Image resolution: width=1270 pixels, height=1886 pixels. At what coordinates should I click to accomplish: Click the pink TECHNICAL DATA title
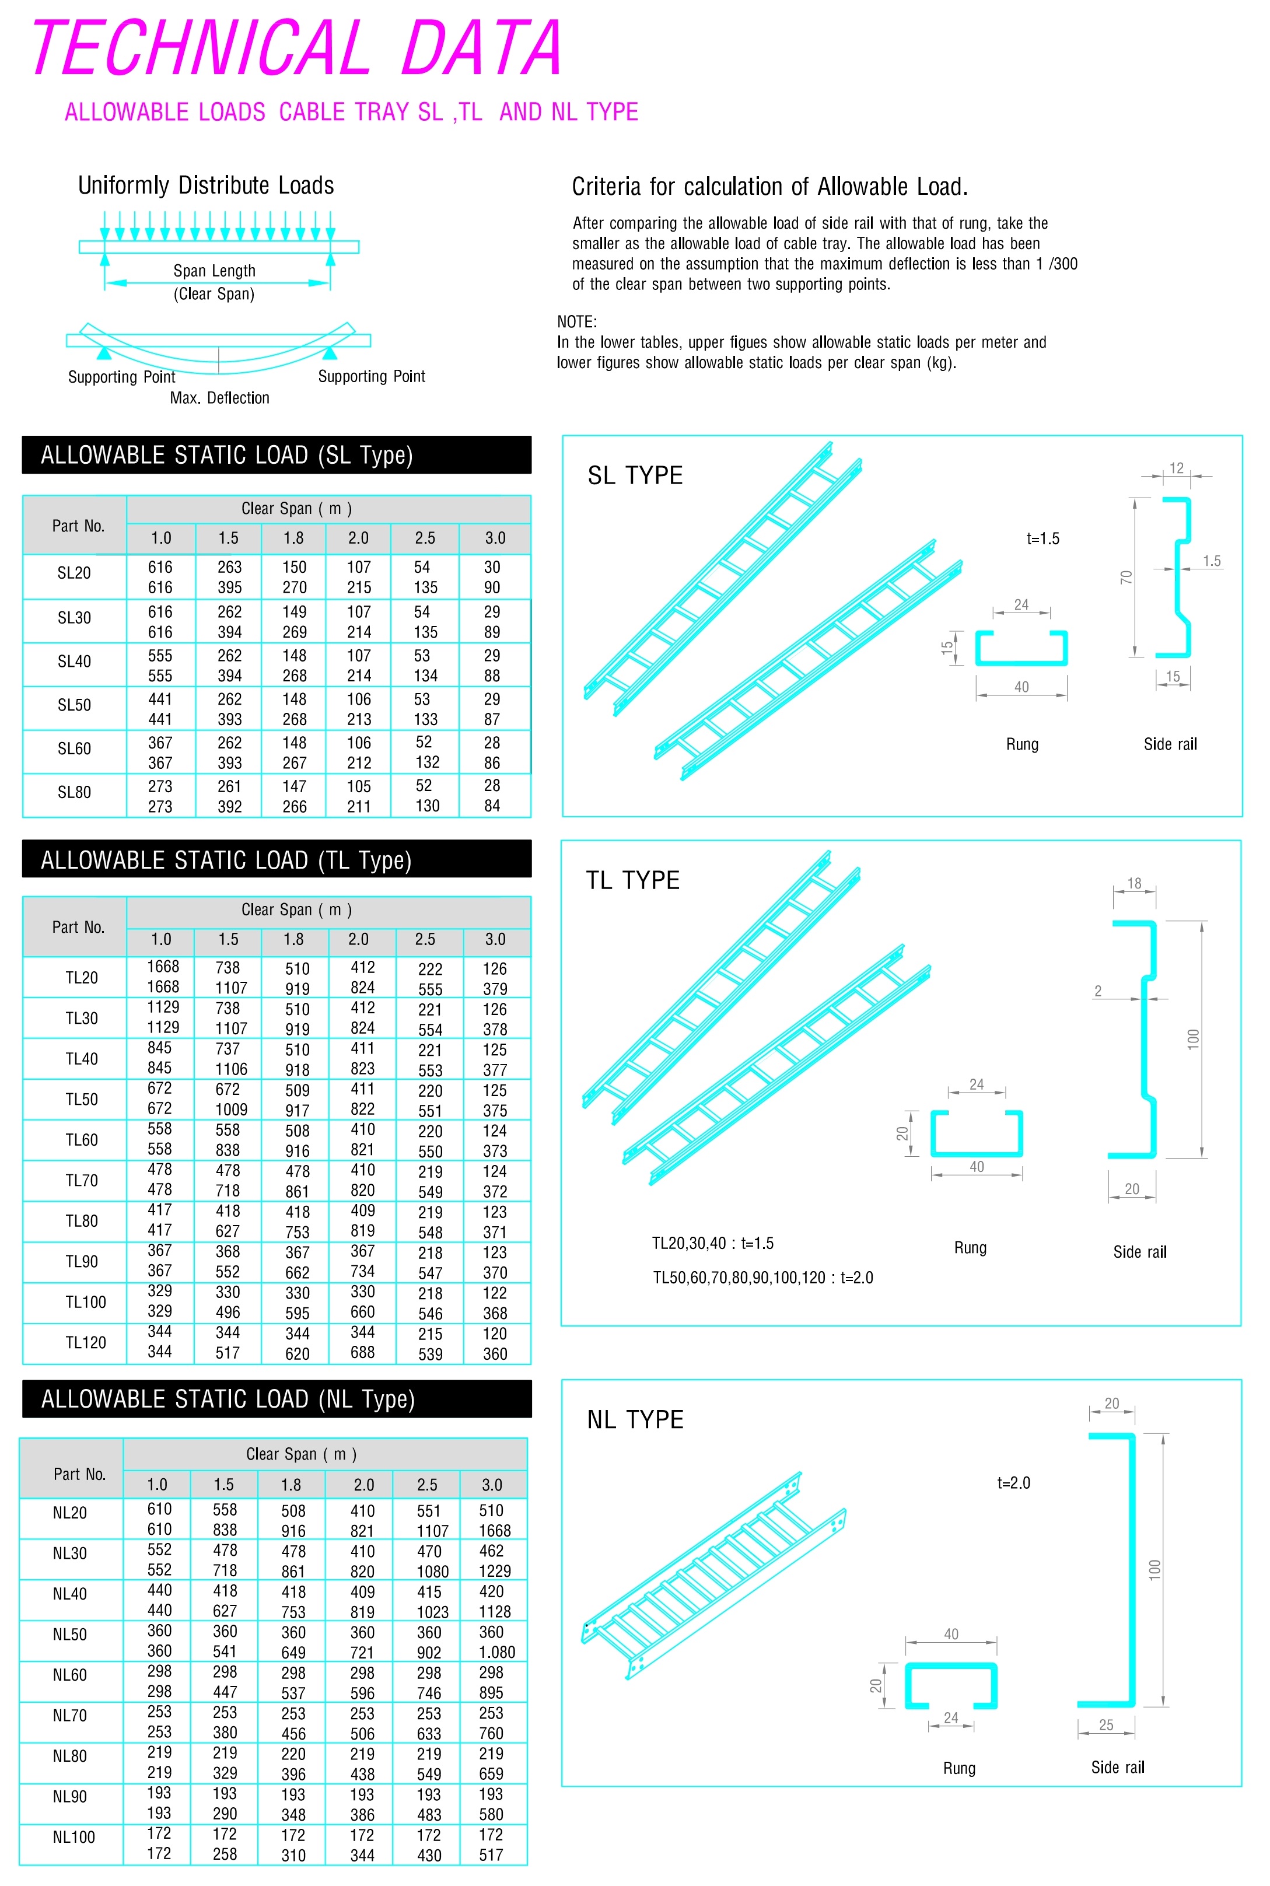[296, 48]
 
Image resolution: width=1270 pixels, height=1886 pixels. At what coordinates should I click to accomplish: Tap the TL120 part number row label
[85, 1343]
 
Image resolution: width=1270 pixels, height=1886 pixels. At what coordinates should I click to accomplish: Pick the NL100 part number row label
[73, 1836]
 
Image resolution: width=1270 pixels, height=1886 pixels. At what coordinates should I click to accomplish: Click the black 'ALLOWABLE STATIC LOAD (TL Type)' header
[276, 860]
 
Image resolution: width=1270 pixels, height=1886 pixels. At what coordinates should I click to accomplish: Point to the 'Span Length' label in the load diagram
[214, 271]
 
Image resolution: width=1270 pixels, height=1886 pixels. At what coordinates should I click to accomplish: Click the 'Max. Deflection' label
[219, 398]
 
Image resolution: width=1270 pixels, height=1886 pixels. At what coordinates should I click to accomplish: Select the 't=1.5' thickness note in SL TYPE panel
[1042, 538]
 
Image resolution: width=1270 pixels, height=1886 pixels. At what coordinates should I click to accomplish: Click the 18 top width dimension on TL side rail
[1134, 883]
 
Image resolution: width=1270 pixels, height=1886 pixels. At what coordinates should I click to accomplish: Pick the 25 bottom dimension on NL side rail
[1105, 1725]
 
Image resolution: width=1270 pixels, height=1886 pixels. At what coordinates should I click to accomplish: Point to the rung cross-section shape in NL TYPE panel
[950, 1686]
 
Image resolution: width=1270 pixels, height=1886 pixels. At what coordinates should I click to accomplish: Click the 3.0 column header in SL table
[495, 538]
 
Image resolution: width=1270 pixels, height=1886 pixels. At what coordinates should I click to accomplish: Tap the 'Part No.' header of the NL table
[79, 1474]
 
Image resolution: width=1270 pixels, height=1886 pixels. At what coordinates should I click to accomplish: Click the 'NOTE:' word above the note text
[577, 321]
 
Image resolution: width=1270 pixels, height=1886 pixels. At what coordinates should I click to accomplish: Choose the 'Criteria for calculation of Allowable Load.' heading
[769, 187]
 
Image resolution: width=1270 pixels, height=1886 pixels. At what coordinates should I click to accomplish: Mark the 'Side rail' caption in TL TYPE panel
[1139, 1252]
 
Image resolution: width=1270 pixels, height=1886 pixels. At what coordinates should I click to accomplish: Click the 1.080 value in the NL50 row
[496, 1652]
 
